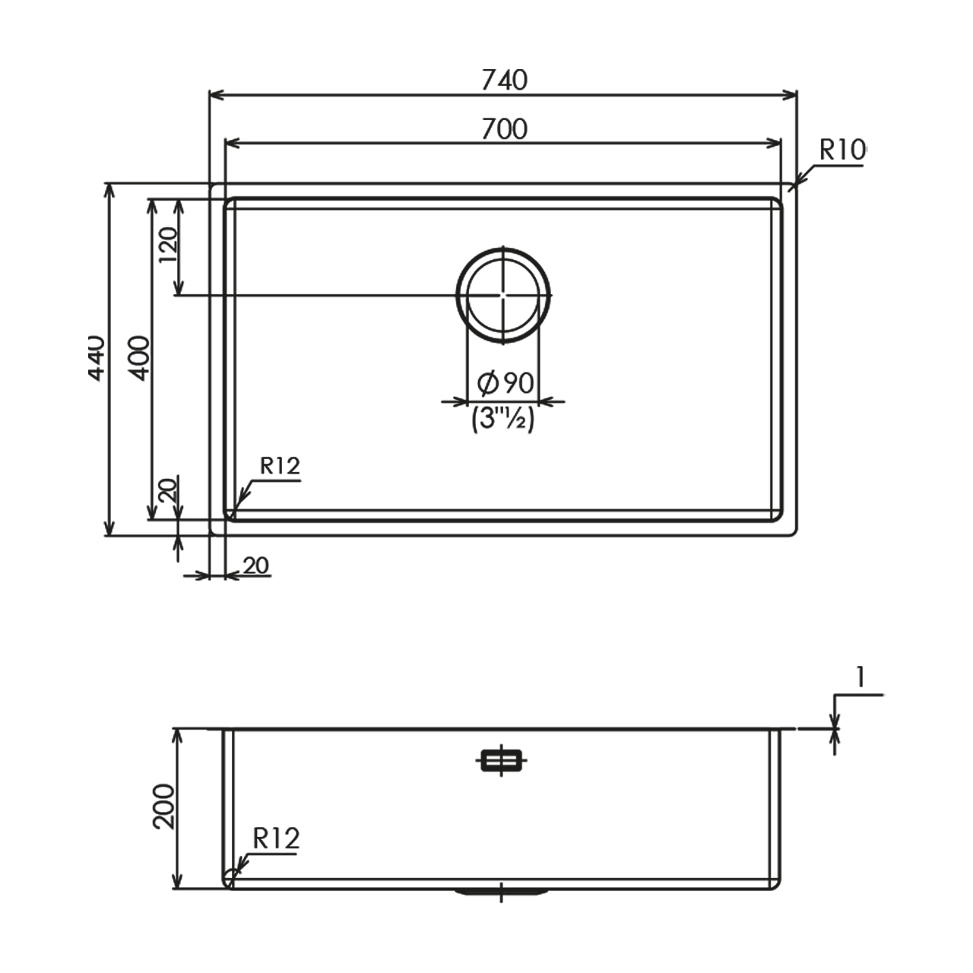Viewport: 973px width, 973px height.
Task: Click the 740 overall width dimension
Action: [x=505, y=81]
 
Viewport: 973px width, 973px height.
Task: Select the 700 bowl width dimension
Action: [x=505, y=128]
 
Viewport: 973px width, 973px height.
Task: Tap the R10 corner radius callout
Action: [x=842, y=150]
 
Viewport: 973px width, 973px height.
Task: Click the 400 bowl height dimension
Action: [x=139, y=358]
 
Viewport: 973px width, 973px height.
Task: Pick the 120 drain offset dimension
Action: [x=169, y=245]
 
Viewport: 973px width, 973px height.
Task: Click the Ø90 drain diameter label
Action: [x=506, y=383]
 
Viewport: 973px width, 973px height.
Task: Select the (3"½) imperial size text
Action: [x=503, y=418]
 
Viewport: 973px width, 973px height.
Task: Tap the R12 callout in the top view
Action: [x=280, y=466]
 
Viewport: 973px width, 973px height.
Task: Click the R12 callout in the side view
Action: [x=276, y=838]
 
